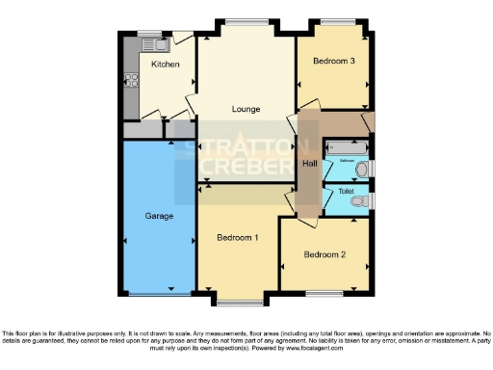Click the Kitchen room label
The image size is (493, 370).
166,65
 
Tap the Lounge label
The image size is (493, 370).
246,109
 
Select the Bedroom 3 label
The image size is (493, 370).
333,62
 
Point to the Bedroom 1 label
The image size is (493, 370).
236,237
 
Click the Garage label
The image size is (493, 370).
159,216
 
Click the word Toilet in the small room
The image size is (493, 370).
346,192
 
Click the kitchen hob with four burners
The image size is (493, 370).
130,85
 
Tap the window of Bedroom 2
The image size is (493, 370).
323,292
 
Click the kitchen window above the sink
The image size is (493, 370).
152,32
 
